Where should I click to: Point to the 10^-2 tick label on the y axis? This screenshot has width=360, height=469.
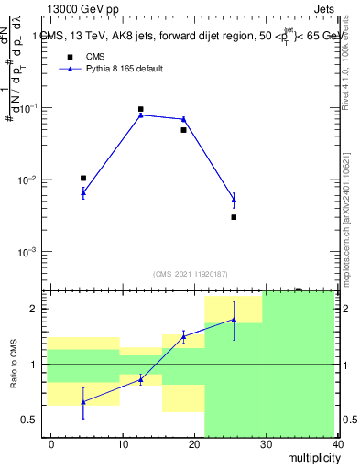[27, 180]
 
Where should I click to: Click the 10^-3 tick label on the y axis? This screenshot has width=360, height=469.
[27, 252]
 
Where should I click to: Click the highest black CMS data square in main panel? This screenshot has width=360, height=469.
[140, 109]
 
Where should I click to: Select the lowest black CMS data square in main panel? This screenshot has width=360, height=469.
[234, 217]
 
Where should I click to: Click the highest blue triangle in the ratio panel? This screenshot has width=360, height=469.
[234, 320]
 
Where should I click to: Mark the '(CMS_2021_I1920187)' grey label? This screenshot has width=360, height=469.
[191, 273]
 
